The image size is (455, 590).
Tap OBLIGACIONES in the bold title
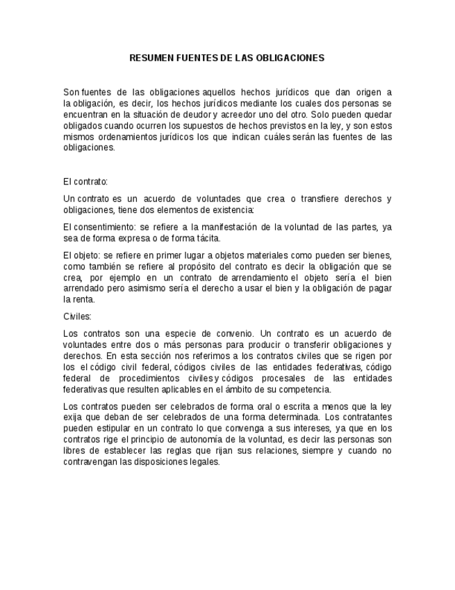click(291, 58)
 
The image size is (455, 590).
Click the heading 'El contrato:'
click(85, 182)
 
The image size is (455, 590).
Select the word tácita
click(207, 238)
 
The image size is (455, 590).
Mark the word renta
click(78, 300)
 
